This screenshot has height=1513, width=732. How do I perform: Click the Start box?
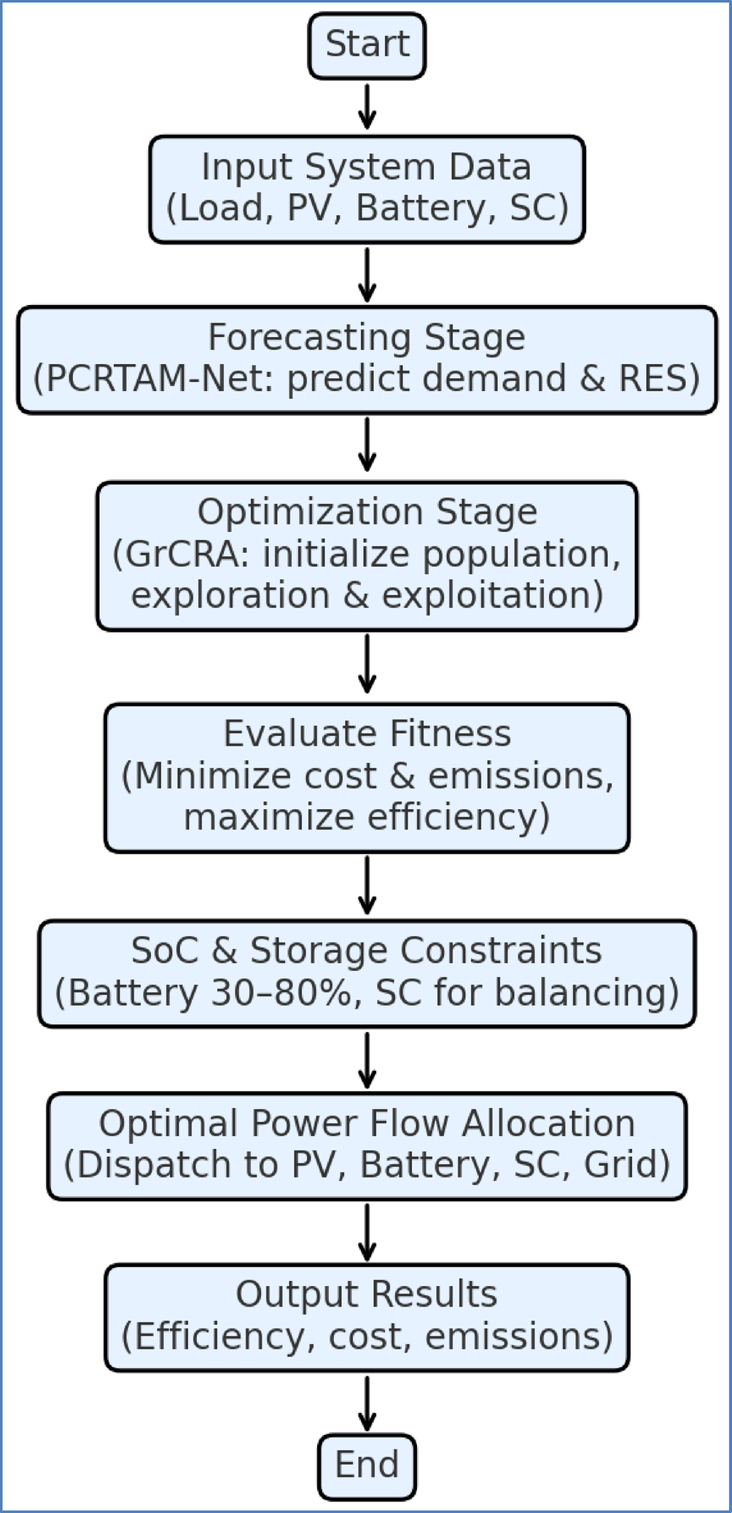coord(367,44)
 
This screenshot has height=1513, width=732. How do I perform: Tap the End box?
coord(367,1466)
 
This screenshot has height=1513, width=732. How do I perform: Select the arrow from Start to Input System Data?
coord(367,107)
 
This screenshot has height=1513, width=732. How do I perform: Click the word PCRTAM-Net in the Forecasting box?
coord(155,379)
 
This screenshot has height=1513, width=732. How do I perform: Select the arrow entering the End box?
coord(367,1404)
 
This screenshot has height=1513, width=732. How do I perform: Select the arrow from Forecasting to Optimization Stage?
coord(367,444)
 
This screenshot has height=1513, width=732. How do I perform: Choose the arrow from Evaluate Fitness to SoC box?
coord(367,885)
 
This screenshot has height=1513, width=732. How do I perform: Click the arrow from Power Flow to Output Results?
coord(367,1231)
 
